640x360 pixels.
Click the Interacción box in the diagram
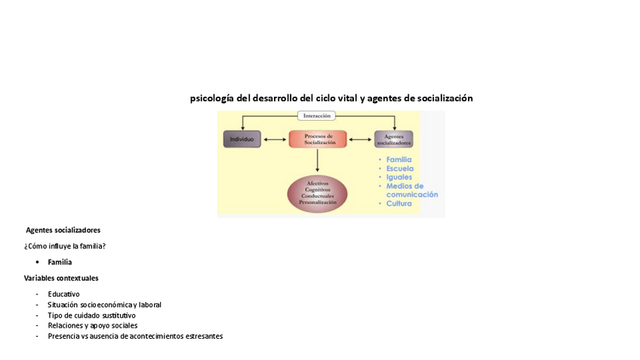coord(316,115)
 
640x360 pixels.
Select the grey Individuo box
coord(242,139)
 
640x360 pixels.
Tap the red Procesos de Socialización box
coord(318,139)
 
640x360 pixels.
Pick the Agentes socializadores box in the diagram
coord(393,139)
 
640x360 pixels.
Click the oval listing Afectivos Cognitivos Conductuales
coord(317,192)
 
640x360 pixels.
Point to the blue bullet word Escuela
coord(399,168)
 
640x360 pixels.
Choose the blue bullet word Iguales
coord(398,177)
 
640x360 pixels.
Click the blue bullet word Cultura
coord(398,204)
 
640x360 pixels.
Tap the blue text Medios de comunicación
coord(411,190)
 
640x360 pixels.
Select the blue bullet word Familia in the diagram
coord(398,159)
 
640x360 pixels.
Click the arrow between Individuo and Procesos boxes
coord(275,140)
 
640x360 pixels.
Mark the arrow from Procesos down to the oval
coord(317,160)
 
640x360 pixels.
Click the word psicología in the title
coord(211,98)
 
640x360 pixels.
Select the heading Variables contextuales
coord(61,278)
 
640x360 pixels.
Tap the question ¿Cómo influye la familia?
coord(65,246)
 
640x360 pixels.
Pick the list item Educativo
coord(63,294)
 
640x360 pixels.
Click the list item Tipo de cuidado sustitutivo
coord(91,315)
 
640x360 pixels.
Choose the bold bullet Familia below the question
coord(60,262)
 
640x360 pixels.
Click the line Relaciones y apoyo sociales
coord(92,326)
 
